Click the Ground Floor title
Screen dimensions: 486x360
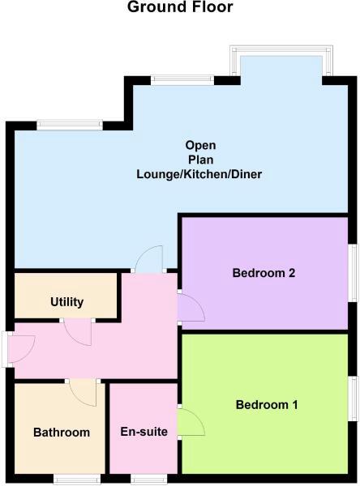(180, 8)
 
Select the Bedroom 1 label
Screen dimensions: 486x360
(266, 405)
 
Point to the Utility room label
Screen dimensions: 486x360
(66, 302)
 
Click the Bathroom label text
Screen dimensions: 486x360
(61, 433)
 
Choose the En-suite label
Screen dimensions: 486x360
(144, 432)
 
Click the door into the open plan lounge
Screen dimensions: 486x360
(150, 259)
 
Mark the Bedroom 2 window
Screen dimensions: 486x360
(354, 267)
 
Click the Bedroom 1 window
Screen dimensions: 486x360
(354, 399)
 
